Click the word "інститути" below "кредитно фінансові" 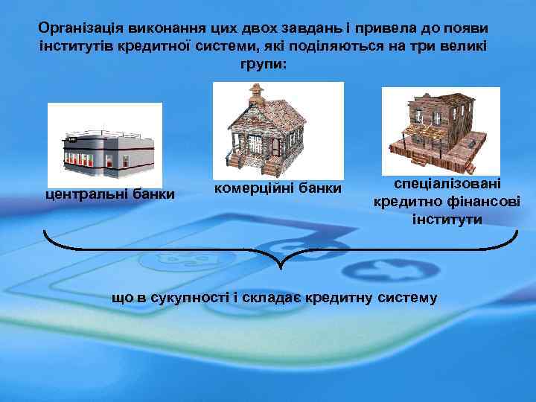(447, 220)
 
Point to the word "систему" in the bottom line (409, 299)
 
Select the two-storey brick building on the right (439, 127)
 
